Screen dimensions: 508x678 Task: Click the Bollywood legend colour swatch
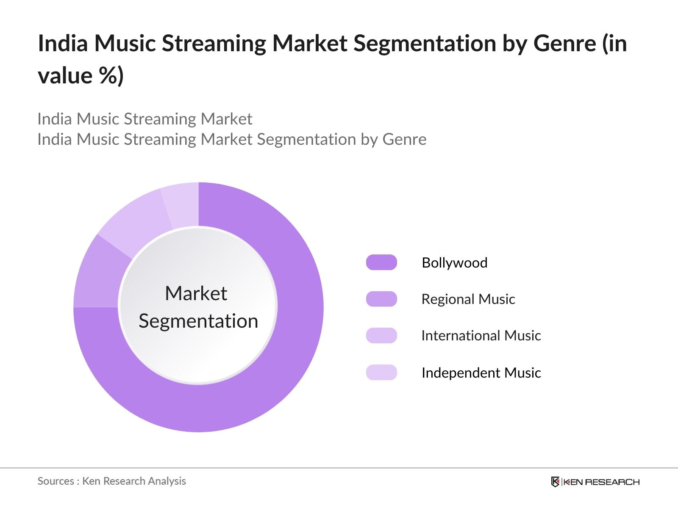pyautogui.click(x=381, y=262)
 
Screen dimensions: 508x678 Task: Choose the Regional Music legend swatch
pyautogui.click(x=381, y=299)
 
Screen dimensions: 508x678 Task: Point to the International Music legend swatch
pyautogui.click(x=381, y=335)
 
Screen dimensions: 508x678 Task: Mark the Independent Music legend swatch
pyautogui.click(x=381, y=373)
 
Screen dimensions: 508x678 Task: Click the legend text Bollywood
pyautogui.click(x=454, y=262)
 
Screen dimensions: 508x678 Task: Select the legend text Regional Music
pyautogui.click(x=468, y=299)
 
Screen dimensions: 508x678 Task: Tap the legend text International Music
pyautogui.click(x=481, y=335)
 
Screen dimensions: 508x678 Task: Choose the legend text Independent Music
pyautogui.click(x=481, y=373)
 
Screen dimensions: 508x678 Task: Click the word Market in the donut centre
pyautogui.click(x=196, y=293)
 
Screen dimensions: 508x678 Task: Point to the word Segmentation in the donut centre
pyautogui.click(x=198, y=321)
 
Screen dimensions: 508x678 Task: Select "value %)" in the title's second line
pyautogui.click(x=81, y=76)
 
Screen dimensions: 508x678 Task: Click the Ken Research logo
pyautogui.click(x=595, y=482)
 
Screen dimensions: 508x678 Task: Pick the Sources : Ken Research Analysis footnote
pyautogui.click(x=111, y=481)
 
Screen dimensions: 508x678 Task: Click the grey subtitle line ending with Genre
pyautogui.click(x=232, y=139)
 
